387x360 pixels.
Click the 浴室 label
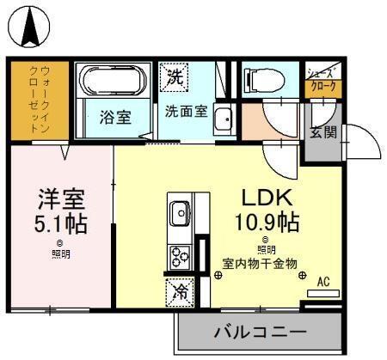pos(114,118)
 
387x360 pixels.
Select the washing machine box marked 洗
pos(175,76)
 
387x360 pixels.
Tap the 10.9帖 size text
pos(267,223)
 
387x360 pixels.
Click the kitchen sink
pos(181,211)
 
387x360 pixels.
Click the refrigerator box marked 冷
pos(179,290)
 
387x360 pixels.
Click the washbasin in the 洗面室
pos(223,119)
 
